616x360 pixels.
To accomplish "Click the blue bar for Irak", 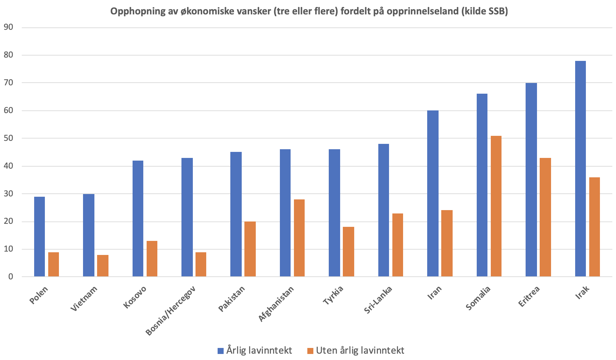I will click(x=580, y=169).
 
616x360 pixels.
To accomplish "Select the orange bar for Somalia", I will click(x=496, y=206).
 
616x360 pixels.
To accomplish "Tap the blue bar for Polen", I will click(x=39, y=237).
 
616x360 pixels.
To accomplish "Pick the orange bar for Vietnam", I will click(x=103, y=266).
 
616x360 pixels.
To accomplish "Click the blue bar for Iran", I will click(x=433, y=193).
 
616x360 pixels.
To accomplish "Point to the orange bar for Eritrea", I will click(x=545, y=217).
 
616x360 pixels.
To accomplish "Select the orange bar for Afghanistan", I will click(x=299, y=238).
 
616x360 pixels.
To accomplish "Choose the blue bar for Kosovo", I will click(x=138, y=218).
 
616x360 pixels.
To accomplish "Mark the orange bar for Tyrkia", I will click(x=348, y=252).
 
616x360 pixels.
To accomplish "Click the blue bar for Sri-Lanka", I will click(x=383, y=210).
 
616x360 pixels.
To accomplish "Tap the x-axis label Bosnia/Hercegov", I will click(x=171, y=310).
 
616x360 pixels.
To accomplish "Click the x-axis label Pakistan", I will click(x=232, y=299).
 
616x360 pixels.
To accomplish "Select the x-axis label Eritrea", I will click(x=529, y=296).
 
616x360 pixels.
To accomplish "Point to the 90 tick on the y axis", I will click(x=8, y=27).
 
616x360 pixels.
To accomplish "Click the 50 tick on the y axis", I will click(x=8, y=138).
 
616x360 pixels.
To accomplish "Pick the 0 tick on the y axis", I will click(x=11, y=277).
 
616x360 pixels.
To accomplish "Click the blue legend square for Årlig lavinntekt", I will click(x=221, y=351).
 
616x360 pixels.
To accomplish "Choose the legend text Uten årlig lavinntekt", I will click(x=360, y=350).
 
